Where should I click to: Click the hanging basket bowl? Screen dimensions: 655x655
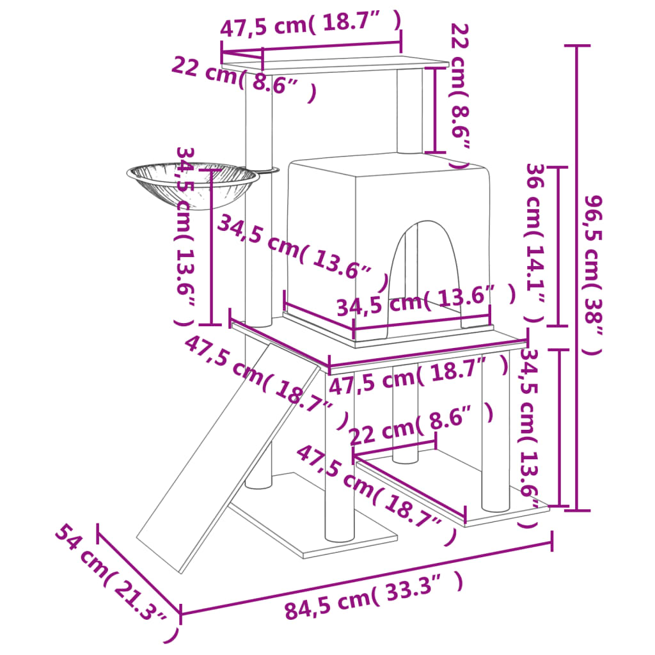(193, 184)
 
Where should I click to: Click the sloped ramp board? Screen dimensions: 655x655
(228, 457)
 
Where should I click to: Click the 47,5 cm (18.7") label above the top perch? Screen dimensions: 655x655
(311, 24)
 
